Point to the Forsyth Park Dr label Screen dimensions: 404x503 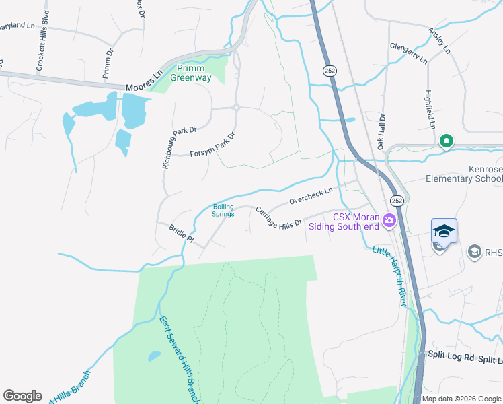click(213, 145)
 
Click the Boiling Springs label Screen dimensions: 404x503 click(223, 210)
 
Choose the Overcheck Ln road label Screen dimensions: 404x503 click(311, 196)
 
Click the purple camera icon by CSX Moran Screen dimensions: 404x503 click(389, 221)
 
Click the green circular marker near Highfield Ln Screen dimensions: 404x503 click(445, 141)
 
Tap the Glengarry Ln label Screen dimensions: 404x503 click(408, 53)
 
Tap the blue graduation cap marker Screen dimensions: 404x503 click(444, 231)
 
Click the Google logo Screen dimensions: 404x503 click(22, 396)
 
